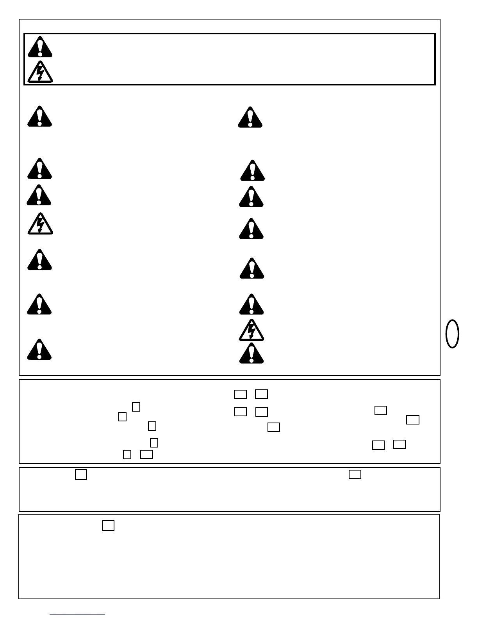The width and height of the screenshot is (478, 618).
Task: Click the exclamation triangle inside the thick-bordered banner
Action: pos(40,47)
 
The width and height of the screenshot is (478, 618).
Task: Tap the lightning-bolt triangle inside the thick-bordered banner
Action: pos(40,72)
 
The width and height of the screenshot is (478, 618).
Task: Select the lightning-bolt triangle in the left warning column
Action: pos(40,224)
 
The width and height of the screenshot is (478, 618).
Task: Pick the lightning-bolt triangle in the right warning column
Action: pos(251,330)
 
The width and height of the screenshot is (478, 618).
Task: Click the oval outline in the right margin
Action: pos(452,334)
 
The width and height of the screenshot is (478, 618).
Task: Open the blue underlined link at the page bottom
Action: pos(77,614)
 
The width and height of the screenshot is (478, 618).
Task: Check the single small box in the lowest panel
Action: pos(108,526)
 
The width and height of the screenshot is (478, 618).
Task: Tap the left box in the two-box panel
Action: pos(80,474)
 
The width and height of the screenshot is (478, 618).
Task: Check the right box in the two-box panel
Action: pos(355,474)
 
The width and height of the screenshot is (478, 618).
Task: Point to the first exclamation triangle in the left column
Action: pos(39,117)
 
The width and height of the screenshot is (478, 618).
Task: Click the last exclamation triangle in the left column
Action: pos(39,350)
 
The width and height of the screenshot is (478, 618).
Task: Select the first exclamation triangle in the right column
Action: pos(250,117)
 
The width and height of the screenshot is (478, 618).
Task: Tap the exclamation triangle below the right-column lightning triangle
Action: pos(251,354)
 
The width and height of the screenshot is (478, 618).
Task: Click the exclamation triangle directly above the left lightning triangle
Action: pos(39,195)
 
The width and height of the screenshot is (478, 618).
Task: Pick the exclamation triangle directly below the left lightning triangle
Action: pos(39,260)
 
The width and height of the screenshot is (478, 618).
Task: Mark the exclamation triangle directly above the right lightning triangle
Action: pos(251,305)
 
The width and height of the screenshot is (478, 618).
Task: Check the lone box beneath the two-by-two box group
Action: pos(274,427)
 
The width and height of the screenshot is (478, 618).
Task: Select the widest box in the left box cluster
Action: pos(146,454)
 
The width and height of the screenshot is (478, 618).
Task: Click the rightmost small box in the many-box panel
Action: pos(413,420)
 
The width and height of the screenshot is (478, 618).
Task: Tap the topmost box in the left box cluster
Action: pos(136,407)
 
